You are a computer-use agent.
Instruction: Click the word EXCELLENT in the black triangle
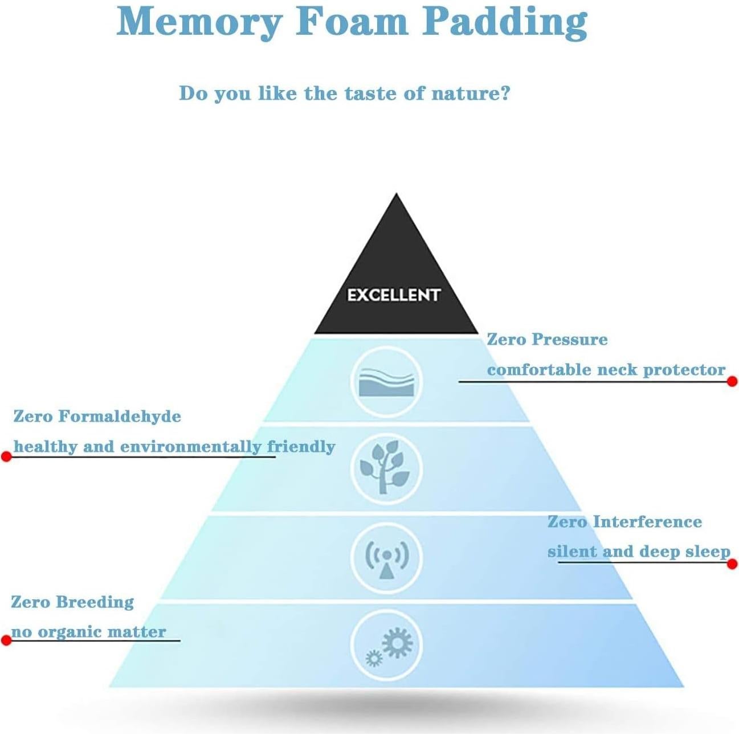(394, 295)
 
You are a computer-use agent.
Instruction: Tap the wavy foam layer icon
(386, 382)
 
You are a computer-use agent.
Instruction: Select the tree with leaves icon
(386, 468)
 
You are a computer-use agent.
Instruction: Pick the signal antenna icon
(387, 558)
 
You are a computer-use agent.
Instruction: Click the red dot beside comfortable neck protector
(732, 381)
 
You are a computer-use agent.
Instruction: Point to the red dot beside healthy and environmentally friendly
(6, 456)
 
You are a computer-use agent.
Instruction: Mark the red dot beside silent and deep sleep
(733, 564)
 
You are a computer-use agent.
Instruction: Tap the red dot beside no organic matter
(6, 640)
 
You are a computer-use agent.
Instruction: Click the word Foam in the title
(352, 22)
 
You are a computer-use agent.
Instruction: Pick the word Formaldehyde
(120, 416)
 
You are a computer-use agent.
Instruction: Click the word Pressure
(569, 340)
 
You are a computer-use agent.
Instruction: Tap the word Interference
(647, 522)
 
